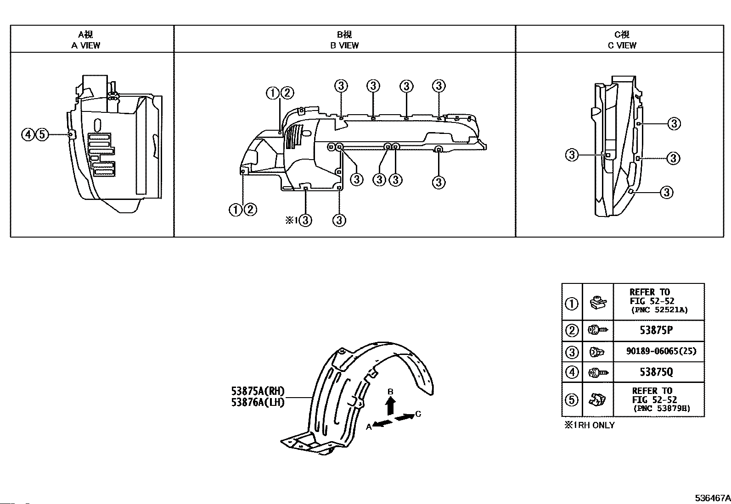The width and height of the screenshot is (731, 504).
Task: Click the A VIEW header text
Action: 86,46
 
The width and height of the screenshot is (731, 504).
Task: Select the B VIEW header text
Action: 344,46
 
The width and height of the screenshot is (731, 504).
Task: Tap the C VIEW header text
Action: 622,46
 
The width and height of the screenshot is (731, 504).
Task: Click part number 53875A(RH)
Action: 258,391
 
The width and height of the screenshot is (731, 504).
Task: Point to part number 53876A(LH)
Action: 258,402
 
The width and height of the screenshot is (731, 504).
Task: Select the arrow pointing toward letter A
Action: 382,423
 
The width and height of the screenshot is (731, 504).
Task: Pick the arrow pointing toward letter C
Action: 405,417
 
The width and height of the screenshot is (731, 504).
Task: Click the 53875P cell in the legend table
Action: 656,330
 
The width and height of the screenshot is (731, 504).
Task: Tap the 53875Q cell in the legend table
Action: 656,372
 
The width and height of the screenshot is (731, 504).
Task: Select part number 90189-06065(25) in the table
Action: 661,351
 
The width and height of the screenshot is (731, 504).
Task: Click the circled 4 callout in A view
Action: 28,135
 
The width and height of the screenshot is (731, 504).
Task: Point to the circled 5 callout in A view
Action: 42,135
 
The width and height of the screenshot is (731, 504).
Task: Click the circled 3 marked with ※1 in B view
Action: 305,221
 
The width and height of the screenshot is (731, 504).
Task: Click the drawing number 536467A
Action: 713,498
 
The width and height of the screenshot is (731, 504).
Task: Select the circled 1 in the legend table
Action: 571,304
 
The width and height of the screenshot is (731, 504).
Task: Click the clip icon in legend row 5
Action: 597,400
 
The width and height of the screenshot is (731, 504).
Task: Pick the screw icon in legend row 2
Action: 598,330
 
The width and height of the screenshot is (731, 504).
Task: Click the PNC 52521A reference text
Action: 659,310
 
